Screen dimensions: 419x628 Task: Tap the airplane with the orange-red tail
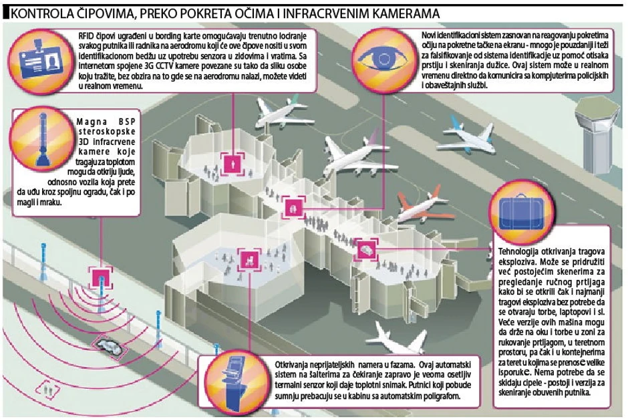[x=428, y=208]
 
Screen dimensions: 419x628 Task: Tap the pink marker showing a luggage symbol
[x=366, y=250]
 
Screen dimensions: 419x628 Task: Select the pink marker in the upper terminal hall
[x=233, y=161]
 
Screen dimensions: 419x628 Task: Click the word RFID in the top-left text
[x=86, y=33]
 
